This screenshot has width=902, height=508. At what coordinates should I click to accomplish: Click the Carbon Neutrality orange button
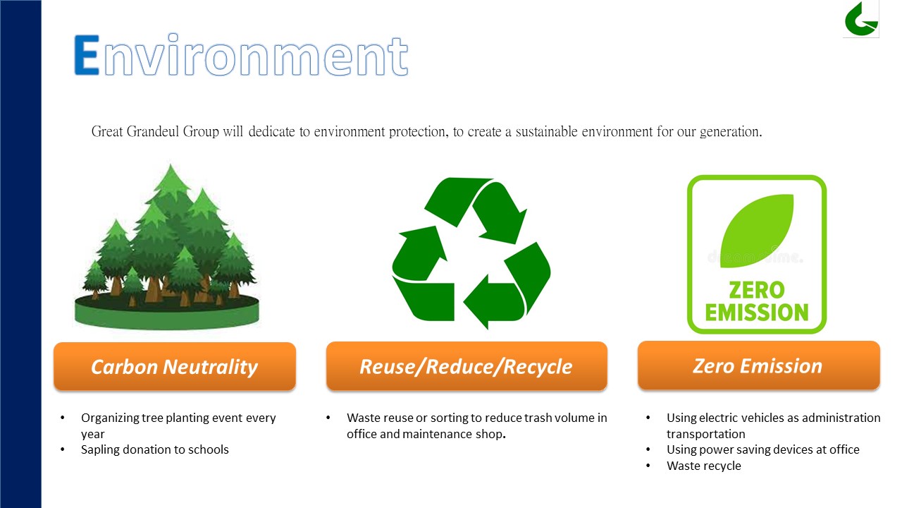click(175, 366)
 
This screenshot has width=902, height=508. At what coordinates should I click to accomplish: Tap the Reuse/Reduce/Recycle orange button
click(467, 366)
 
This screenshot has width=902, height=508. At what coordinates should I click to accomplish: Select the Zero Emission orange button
click(759, 365)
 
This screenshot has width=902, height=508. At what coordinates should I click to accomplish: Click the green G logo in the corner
click(861, 19)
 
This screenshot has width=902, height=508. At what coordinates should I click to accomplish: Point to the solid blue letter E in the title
click(87, 55)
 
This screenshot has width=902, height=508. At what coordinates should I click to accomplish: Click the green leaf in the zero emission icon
click(757, 231)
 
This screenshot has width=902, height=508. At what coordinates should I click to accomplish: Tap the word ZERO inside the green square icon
click(757, 290)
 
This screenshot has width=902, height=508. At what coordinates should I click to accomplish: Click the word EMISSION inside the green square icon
click(757, 313)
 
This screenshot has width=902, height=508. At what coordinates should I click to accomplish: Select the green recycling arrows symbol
click(471, 253)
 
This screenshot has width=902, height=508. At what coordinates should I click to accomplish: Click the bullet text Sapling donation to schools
click(154, 449)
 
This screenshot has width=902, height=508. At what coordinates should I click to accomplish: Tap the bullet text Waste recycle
click(703, 466)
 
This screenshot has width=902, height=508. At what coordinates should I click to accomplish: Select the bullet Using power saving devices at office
click(762, 449)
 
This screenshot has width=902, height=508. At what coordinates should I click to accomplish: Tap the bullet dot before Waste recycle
click(648, 466)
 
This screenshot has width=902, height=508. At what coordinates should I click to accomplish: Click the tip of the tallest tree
click(171, 163)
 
